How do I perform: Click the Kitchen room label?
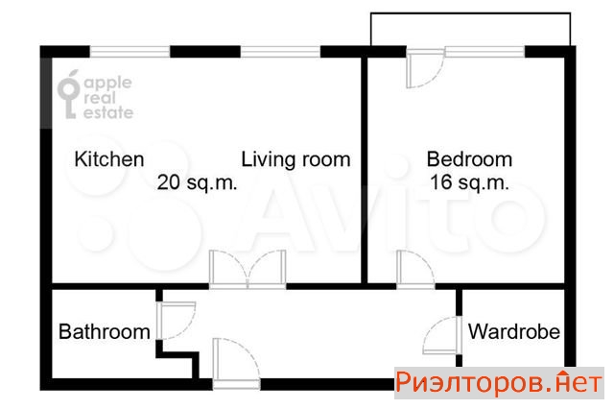(109, 159)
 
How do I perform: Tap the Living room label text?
(295, 159)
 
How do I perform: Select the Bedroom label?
(469, 159)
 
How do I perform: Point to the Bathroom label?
(105, 332)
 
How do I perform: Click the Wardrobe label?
(514, 331)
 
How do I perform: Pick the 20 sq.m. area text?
(197, 182)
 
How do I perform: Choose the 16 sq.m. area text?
(469, 182)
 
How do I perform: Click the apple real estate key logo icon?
(69, 94)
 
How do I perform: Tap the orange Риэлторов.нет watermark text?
(499, 382)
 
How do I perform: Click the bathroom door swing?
(177, 320)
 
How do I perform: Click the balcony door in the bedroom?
(425, 68)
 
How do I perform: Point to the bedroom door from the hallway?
(415, 270)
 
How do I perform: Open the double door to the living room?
(248, 270)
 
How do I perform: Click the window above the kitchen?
(130, 52)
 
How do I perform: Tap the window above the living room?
(280, 52)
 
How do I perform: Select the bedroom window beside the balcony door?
(484, 52)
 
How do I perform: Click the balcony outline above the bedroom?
(470, 13)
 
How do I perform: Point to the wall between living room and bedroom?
(365, 169)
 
